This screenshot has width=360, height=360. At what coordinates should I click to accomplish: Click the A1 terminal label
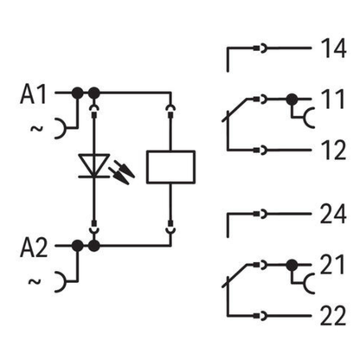click(33, 94)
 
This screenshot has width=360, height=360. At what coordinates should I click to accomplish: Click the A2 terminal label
click(34, 247)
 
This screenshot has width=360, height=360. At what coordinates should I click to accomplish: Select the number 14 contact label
click(334, 48)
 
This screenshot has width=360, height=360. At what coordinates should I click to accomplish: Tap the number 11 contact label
click(333, 99)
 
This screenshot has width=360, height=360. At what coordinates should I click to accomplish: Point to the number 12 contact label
click(334, 151)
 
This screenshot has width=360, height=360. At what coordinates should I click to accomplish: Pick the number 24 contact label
click(333, 214)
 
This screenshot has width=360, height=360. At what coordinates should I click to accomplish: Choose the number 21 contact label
click(332, 265)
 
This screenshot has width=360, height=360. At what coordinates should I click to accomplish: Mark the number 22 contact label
click(333, 316)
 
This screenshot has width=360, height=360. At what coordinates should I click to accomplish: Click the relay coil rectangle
click(170, 167)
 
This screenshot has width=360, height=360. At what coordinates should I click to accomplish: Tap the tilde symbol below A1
click(36, 128)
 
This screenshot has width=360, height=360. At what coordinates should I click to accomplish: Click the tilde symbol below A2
click(35, 281)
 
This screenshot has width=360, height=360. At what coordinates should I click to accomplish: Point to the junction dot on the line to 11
click(292, 100)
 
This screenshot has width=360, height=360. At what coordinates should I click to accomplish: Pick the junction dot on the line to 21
click(292, 265)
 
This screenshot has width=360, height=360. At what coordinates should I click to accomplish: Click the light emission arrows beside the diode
click(122, 172)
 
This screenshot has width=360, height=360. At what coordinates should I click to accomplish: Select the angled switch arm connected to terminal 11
click(235, 110)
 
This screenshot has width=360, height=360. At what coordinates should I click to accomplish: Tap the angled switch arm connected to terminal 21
click(235, 276)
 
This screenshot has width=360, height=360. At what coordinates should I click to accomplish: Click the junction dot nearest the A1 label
click(77, 93)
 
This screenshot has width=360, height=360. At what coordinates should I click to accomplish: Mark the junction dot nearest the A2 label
click(77, 246)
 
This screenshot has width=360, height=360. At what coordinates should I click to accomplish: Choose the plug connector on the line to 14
click(260, 48)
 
